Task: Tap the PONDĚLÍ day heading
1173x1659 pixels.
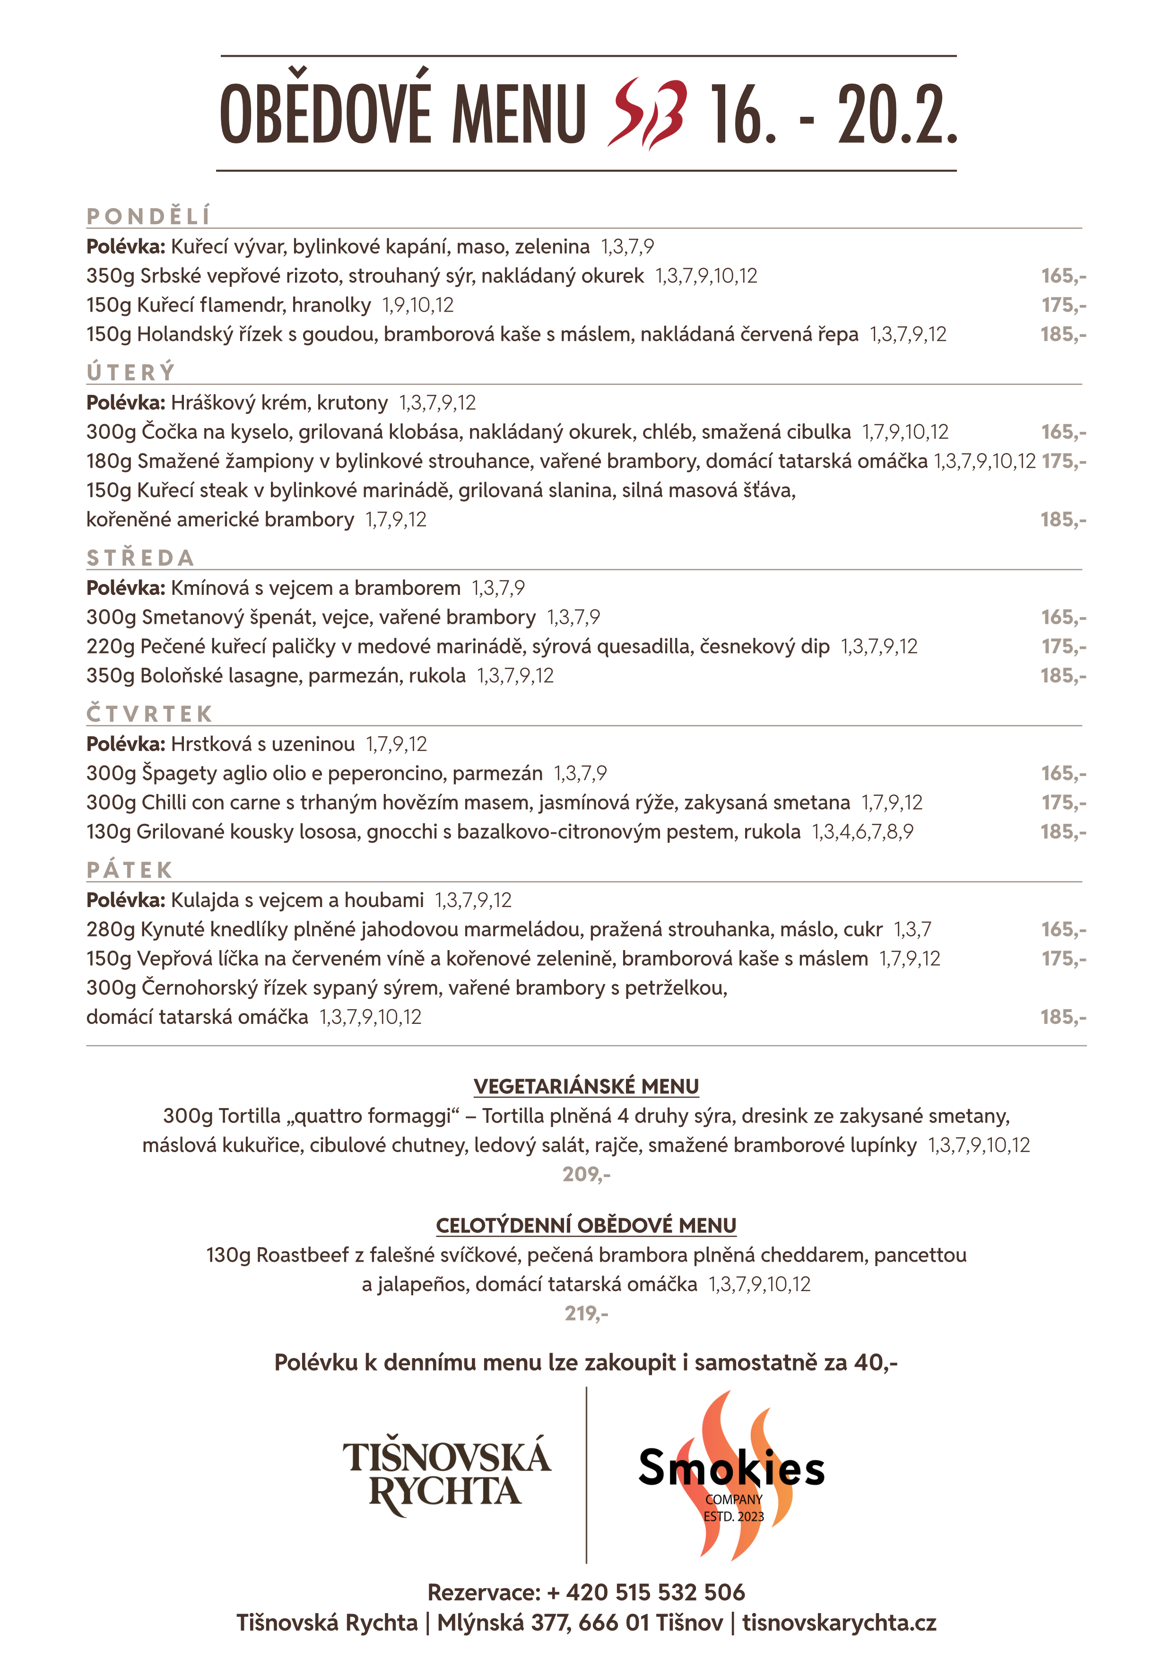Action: click(x=148, y=216)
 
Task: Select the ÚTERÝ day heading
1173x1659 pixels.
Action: click(x=131, y=372)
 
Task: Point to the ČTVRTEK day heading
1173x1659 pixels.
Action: click(x=149, y=714)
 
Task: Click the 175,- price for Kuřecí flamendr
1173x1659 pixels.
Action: click(x=1063, y=305)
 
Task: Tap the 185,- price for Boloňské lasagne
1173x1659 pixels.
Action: click(x=1063, y=676)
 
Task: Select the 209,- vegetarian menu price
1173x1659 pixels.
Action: click(x=586, y=1174)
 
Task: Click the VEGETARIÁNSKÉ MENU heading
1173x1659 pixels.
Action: click(x=586, y=1087)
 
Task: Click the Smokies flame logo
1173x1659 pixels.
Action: click(x=732, y=1474)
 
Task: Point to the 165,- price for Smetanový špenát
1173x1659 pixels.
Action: click(x=1063, y=617)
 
